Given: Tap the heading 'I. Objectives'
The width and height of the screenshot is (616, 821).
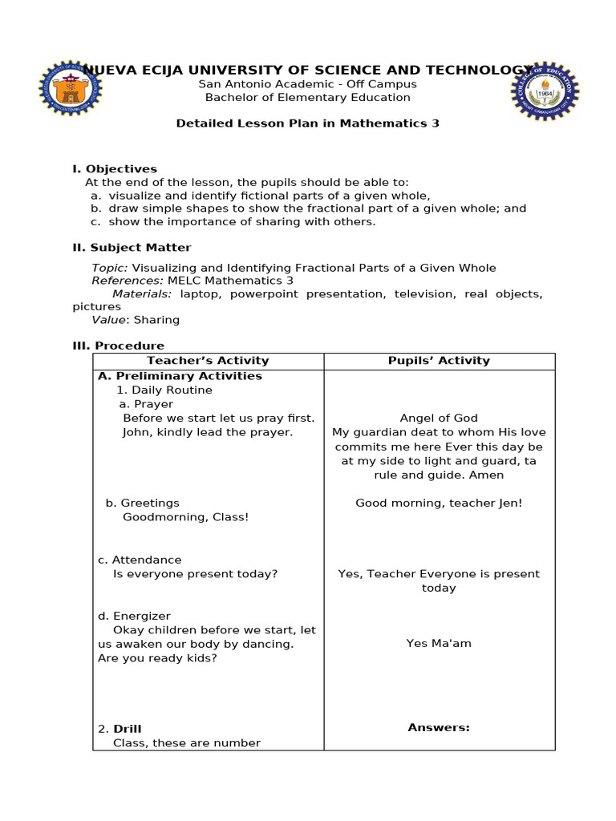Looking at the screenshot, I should pyautogui.click(x=115, y=168).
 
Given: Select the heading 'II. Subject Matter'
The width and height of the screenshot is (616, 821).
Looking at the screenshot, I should pyautogui.click(x=132, y=248).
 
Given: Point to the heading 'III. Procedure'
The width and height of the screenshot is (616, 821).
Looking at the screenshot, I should pyautogui.click(x=118, y=346).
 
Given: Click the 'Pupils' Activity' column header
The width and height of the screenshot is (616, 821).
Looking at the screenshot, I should pyautogui.click(x=439, y=361).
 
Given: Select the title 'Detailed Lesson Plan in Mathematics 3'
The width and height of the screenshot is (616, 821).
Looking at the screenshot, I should pyautogui.click(x=307, y=123).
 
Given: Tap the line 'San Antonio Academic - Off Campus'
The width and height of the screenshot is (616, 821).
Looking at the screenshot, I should pyautogui.click(x=307, y=84).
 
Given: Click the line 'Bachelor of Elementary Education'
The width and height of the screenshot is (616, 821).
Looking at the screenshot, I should pyautogui.click(x=307, y=98).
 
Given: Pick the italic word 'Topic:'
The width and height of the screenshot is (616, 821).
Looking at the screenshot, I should pyautogui.click(x=110, y=268).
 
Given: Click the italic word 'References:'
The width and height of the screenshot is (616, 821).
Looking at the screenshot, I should pyautogui.click(x=127, y=281).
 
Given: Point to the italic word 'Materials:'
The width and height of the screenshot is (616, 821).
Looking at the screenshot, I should pyautogui.click(x=142, y=294).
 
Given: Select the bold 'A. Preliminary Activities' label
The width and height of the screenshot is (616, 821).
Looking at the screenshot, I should pyautogui.click(x=180, y=376).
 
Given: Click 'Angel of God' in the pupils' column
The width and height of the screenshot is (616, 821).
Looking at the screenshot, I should pyautogui.click(x=439, y=418).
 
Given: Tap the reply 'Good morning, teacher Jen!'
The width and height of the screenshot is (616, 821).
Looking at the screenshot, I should pyautogui.click(x=439, y=504).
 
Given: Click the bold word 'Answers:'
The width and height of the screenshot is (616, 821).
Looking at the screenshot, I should pyautogui.click(x=439, y=728).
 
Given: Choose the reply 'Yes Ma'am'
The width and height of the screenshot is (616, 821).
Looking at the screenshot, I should pyautogui.click(x=439, y=644).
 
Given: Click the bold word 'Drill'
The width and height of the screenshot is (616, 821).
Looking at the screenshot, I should pyautogui.click(x=127, y=729).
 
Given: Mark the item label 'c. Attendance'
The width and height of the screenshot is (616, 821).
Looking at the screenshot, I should pyautogui.click(x=140, y=560).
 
